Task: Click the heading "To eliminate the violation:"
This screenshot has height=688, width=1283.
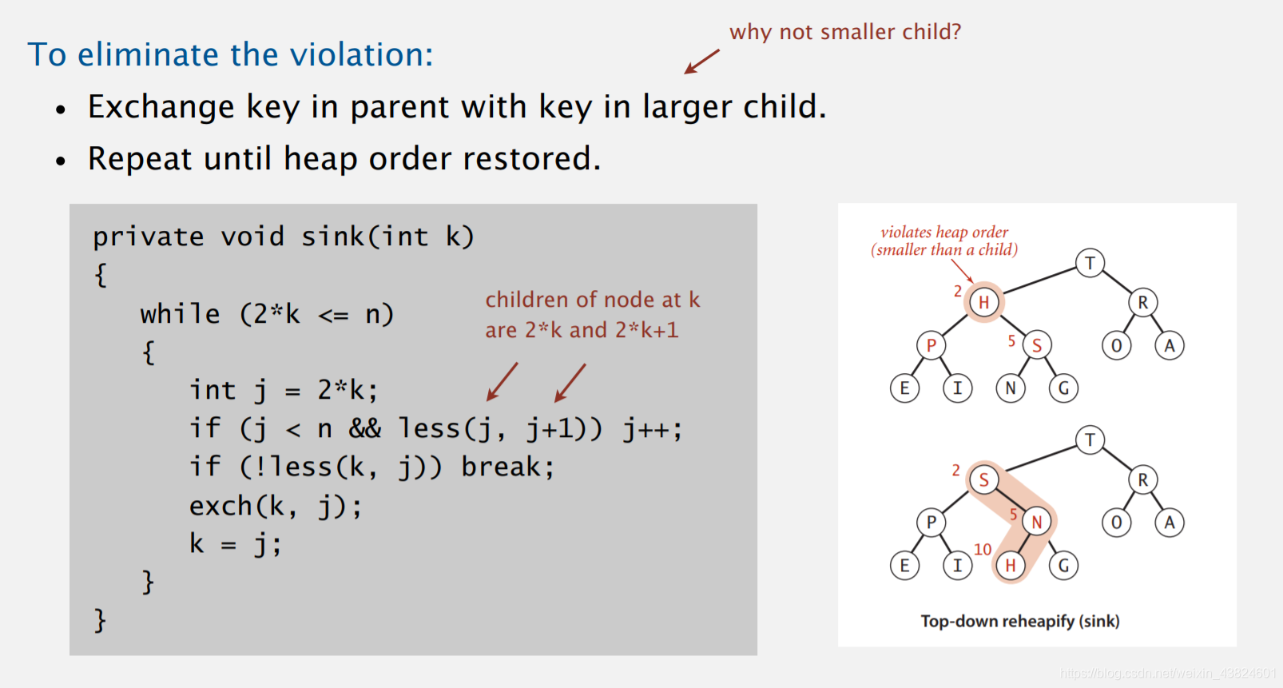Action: click(230, 54)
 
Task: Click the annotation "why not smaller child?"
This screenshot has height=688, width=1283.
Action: click(845, 31)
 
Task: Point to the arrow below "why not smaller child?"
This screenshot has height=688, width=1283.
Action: click(701, 62)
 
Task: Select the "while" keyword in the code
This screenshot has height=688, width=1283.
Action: click(180, 314)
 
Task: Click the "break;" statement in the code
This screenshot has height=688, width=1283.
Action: click(508, 467)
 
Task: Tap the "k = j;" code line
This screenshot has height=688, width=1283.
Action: click(236, 543)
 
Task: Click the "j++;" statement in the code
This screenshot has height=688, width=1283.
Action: click(653, 428)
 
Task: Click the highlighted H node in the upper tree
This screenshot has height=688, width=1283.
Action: click(983, 302)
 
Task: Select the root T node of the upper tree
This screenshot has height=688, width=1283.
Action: click(1090, 263)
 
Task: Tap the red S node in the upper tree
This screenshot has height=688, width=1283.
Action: click(1037, 345)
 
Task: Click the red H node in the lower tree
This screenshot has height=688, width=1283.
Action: click(1011, 566)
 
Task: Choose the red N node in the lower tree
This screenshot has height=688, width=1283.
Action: click(1037, 522)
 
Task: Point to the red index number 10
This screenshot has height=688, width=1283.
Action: click(983, 550)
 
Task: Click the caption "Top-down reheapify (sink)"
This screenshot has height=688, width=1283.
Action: click(1020, 622)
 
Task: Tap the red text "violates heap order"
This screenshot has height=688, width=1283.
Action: click(944, 232)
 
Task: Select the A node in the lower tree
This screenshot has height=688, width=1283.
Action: click(1169, 522)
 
